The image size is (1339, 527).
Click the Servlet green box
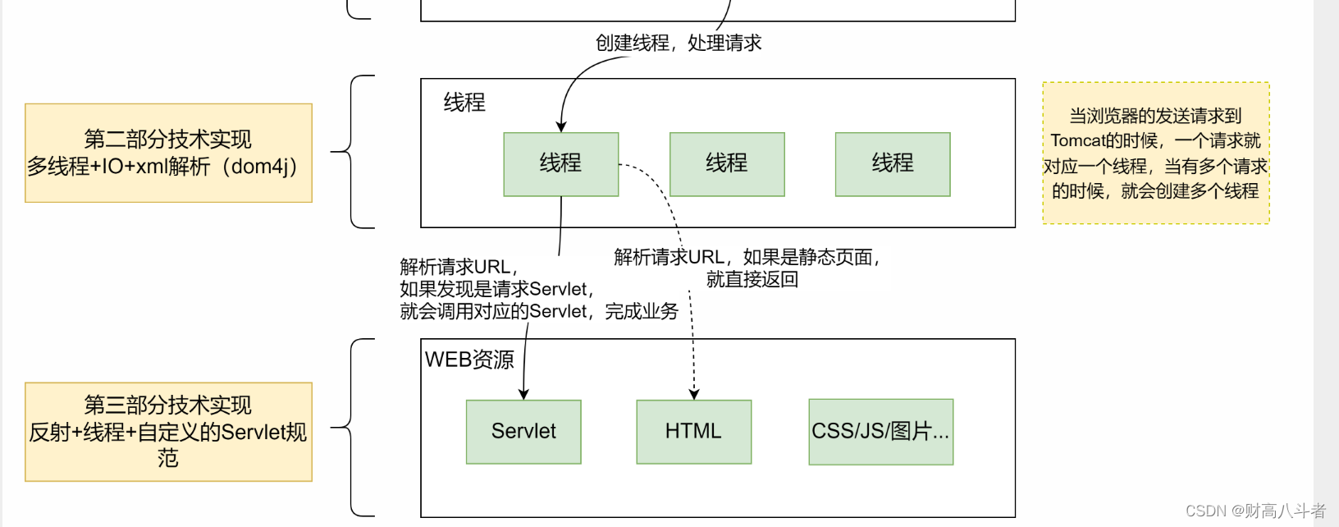tap(523, 432)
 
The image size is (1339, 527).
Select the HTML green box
tap(693, 432)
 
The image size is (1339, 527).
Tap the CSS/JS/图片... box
tap(880, 432)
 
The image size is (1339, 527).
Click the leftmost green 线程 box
tap(560, 164)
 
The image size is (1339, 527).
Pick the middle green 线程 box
tap(727, 164)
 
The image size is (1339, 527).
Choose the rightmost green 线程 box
tap(893, 164)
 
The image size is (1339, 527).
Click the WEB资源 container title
tap(469, 360)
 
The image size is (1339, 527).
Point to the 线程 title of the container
tap(464, 103)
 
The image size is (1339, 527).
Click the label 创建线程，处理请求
tap(679, 43)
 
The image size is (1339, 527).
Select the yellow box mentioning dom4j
tap(168, 153)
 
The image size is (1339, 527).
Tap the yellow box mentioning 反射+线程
tap(168, 432)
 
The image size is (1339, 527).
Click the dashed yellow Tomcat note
tap(1155, 153)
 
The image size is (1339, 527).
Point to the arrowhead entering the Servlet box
tap(523, 395)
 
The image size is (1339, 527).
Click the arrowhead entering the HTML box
tap(694, 395)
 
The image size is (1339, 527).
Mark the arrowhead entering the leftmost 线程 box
tap(561, 127)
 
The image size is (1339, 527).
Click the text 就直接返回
tap(752, 280)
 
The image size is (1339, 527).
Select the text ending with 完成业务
tap(539, 311)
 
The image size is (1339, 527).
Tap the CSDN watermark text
tap(1255, 511)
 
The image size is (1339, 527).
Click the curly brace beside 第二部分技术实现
tap(353, 152)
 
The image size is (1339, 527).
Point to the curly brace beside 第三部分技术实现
tap(353, 428)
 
